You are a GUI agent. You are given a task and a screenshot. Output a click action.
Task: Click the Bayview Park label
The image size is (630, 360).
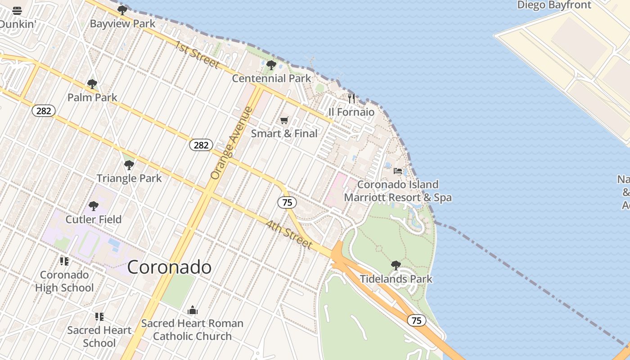pyautogui.click(x=122, y=24)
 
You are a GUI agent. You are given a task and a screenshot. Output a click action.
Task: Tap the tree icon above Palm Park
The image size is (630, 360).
pyautogui.click(x=92, y=84)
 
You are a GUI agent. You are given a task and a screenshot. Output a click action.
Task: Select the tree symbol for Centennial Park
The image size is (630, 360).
pyautogui.click(x=271, y=65)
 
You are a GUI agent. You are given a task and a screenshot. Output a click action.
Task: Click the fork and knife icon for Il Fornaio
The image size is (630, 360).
pyautogui.click(x=351, y=98)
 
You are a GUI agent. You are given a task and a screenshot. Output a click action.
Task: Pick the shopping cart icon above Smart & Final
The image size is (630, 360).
pyautogui.click(x=284, y=120)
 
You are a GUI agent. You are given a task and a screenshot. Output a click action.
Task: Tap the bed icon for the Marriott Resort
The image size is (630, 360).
pyautogui.click(x=398, y=171)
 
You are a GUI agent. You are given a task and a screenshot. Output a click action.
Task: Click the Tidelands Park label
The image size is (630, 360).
pyautogui.click(x=396, y=279)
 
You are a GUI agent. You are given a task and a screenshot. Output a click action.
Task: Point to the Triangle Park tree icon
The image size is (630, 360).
pyautogui.click(x=129, y=165)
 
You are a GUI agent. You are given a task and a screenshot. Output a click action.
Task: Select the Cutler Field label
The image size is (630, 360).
pyautogui.click(x=94, y=220)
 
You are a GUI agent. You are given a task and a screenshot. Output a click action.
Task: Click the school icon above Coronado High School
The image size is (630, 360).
pyautogui.click(x=64, y=261)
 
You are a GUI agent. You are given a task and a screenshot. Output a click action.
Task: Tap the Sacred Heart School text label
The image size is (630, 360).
pyautogui.click(x=99, y=337)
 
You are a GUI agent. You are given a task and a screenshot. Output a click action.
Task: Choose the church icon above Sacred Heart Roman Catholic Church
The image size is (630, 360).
pyautogui.click(x=193, y=310)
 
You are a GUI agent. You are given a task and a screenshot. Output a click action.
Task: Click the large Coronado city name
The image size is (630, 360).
pyautogui.click(x=169, y=267)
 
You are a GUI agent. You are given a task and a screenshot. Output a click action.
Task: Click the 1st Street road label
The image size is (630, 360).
pyautogui.click(x=197, y=55)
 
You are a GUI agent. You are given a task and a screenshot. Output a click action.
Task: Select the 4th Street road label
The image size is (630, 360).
pyautogui.click(x=289, y=234)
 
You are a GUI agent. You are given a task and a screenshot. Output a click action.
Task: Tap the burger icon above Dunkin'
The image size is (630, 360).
pyautogui.click(x=17, y=11)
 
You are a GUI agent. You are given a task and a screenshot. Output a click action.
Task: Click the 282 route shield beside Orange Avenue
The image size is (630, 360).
pyautogui.click(x=201, y=145)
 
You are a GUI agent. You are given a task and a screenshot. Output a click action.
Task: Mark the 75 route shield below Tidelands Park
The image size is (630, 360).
pyautogui.click(x=417, y=320)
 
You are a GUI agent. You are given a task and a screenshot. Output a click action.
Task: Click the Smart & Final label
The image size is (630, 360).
pyautogui.click(x=284, y=134)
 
